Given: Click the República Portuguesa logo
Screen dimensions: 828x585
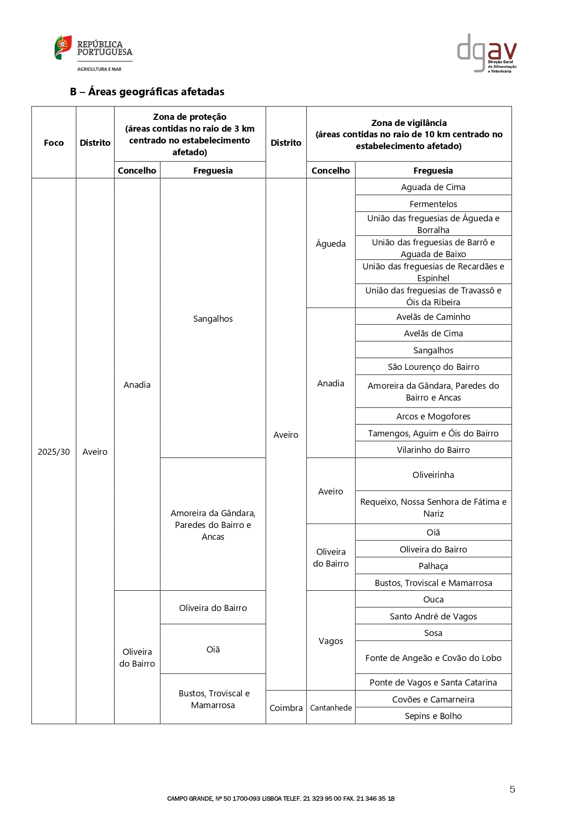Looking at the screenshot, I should [x=93, y=53].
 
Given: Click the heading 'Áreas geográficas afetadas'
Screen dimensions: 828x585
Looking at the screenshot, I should [x=147, y=92].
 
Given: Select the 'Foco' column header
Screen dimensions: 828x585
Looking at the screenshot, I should [x=54, y=142].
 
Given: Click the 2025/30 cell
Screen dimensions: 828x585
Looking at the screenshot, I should [x=54, y=452].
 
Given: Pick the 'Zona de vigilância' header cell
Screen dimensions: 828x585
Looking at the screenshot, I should [x=409, y=134].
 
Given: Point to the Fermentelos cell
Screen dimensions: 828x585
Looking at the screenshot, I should [x=433, y=204].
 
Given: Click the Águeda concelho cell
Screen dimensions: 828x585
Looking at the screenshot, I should [x=330, y=243].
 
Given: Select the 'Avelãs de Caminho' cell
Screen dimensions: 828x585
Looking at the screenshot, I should [x=433, y=317].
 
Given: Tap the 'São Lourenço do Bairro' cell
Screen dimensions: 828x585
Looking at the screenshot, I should [x=433, y=367].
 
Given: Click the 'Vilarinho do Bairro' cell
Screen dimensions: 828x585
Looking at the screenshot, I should [x=433, y=450].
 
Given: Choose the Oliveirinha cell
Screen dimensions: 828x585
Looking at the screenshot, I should [x=433, y=475].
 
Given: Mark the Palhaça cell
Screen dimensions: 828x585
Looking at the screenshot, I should [x=433, y=566].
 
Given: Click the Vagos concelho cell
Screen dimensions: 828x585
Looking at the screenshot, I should [x=330, y=641].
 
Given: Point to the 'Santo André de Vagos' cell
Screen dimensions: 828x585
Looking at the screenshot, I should [x=433, y=616].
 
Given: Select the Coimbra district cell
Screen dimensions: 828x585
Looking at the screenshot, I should [x=286, y=708].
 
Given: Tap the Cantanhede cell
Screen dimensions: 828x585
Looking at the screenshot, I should [x=331, y=708].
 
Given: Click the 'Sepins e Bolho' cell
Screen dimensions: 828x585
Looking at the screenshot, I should [x=433, y=716].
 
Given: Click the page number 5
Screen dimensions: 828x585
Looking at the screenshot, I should [x=512, y=789].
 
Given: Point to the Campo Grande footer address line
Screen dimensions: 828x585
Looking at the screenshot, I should [x=281, y=799].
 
